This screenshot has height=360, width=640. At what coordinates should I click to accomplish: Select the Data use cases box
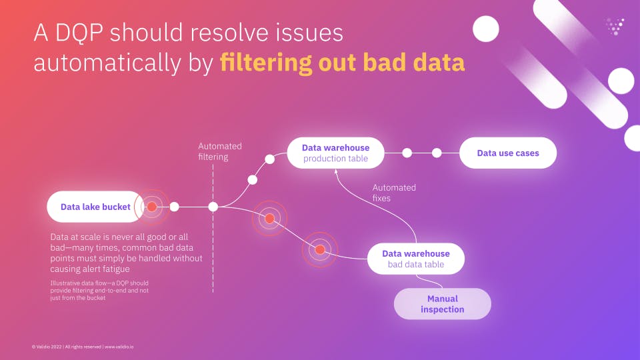[x=507, y=153]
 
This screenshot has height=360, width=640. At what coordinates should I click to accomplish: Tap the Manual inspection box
[x=442, y=304]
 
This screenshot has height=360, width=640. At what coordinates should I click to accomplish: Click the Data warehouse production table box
[x=335, y=153]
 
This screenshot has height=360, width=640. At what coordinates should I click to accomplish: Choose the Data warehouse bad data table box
[x=415, y=259]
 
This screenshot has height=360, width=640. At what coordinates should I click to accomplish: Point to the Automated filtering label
[x=220, y=151]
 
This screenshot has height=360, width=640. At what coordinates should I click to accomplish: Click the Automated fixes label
[x=393, y=193]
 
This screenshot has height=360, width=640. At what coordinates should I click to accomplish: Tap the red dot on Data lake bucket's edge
[x=152, y=207]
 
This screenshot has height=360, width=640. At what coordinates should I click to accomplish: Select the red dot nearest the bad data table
[x=320, y=250]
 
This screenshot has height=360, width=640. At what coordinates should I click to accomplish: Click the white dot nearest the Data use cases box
[x=437, y=153]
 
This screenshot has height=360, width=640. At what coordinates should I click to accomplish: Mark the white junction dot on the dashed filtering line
[x=213, y=207]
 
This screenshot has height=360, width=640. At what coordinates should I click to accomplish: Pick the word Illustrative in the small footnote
[x=65, y=284]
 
